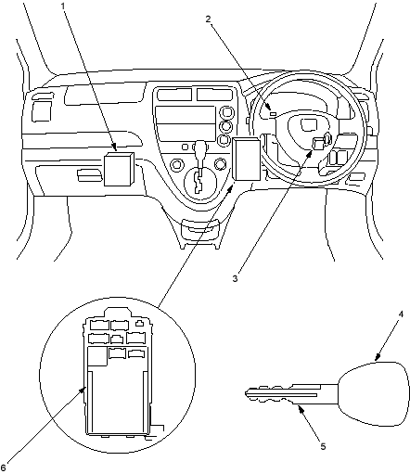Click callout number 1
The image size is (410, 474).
point(63,6)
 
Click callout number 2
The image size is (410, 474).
point(209,19)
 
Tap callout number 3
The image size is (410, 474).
point(236,278)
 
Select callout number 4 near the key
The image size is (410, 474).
point(401,314)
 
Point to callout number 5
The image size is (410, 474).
point(323,446)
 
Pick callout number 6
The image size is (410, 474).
point(4,468)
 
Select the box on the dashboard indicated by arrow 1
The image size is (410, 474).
point(120,169)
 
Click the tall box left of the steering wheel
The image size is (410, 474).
point(247,159)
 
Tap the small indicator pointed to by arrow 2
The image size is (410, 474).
point(273,114)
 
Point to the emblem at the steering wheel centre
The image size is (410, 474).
point(309,124)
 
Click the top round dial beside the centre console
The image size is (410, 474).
point(226,112)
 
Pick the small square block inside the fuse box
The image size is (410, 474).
point(97,356)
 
